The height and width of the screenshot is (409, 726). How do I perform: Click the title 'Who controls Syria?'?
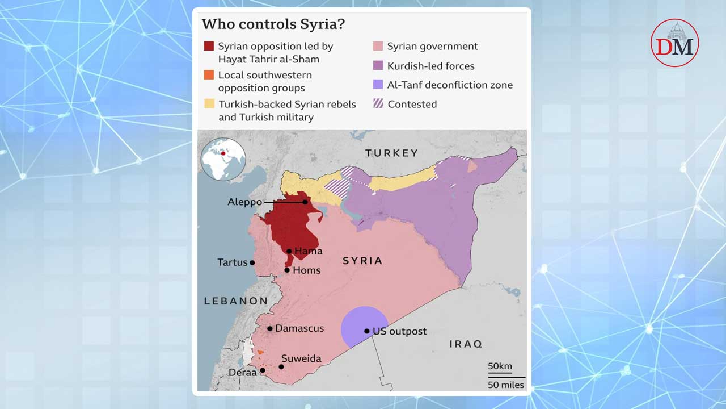273,24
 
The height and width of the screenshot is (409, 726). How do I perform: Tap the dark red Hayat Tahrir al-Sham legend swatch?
209,47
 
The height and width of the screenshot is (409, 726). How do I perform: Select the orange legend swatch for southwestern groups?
209,75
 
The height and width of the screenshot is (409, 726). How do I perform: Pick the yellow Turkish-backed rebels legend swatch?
209,105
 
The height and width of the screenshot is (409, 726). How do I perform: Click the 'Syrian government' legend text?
432,47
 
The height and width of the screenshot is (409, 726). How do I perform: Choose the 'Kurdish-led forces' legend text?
430,66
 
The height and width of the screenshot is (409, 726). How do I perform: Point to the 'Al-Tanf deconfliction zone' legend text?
450,85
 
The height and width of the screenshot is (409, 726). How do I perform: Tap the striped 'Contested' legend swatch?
377,105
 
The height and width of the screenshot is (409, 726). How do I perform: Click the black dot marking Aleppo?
305,202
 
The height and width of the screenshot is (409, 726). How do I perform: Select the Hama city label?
308,251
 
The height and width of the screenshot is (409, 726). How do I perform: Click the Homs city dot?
288,270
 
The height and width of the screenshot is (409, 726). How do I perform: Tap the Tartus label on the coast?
233,262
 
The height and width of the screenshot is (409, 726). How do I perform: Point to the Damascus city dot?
270,328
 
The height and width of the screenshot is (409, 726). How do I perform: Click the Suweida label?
301,358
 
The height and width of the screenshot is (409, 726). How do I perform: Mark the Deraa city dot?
263,370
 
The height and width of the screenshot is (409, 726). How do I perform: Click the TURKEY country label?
391,153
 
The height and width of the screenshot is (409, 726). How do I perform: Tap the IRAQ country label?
465,344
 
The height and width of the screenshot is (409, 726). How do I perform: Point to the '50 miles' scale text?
506,385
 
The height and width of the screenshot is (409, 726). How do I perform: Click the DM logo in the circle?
674,43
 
